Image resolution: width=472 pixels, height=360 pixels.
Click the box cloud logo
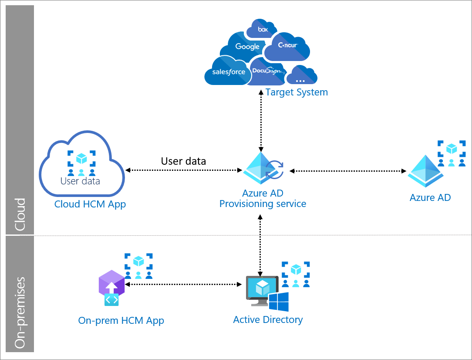(x=261, y=29)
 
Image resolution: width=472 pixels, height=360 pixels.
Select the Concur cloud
(x=287, y=47)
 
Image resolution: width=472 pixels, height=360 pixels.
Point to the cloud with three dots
(x=302, y=75)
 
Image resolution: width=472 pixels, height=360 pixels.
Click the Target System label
(x=297, y=92)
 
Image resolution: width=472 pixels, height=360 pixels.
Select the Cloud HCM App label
(x=90, y=204)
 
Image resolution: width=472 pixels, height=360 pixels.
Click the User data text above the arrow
(x=183, y=161)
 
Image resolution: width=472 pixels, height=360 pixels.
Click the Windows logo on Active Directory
(x=279, y=302)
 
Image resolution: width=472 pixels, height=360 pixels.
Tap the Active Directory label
(x=268, y=319)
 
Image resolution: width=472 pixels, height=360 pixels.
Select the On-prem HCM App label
(x=121, y=320)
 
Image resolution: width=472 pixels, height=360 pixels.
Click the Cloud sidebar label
(x=20, y=214)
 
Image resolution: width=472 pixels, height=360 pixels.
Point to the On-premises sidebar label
(x=20, y=313)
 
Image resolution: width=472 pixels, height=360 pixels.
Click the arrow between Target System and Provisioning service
(x=261, y=120)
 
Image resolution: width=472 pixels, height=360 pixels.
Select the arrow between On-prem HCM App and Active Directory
(x=183, y=284)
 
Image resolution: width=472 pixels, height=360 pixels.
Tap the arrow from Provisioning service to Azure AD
(x=348, y=171)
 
